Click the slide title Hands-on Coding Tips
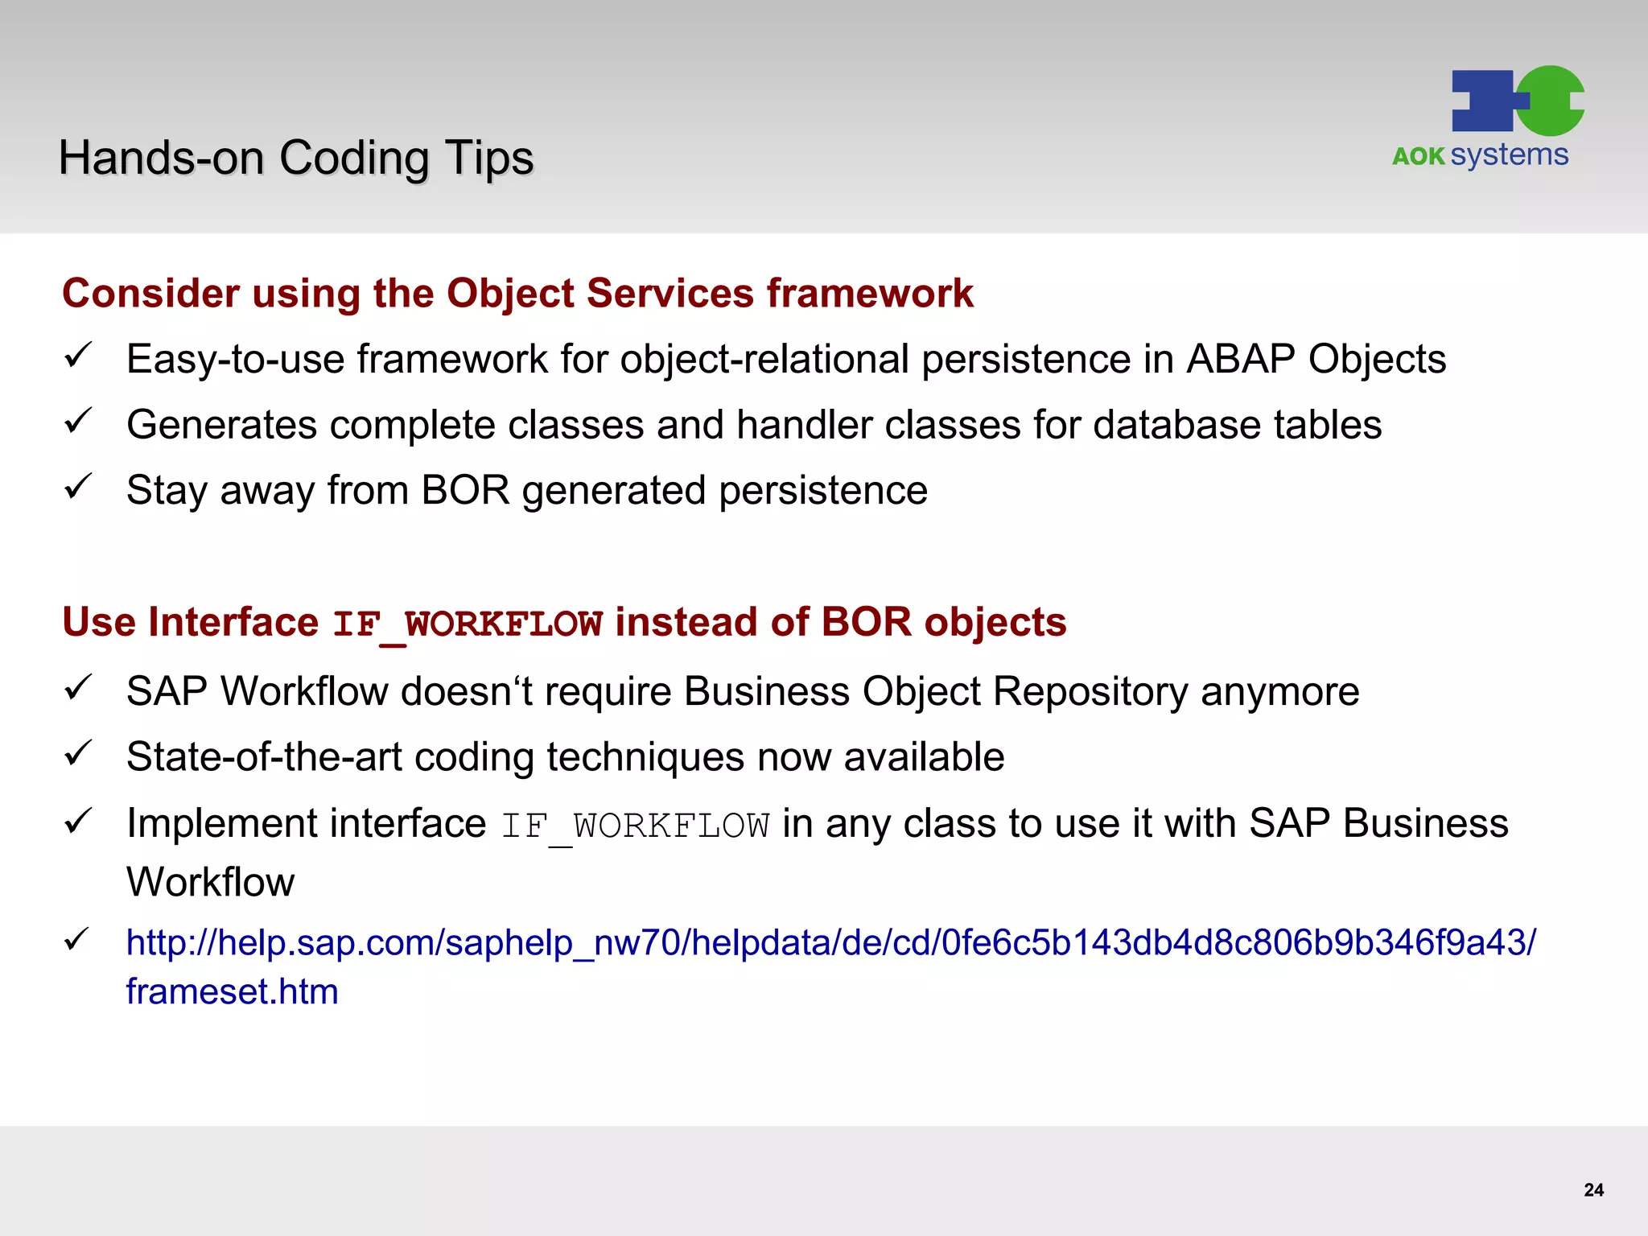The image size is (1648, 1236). (296, 158)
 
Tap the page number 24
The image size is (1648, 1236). (1593, 1190)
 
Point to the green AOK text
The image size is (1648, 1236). (1419, 156)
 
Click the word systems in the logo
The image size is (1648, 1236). (1510, 154)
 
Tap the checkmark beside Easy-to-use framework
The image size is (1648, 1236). (79, 356)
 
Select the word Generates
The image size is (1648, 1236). (221, 425)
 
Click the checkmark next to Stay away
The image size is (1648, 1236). (79, 487)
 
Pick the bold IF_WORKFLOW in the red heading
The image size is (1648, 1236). (468, 624)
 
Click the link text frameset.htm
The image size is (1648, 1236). (232, 991)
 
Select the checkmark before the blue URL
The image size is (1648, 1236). (79, 939)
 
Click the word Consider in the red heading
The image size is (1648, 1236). (150, 293)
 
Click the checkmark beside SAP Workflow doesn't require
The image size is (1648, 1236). (79, 688)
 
